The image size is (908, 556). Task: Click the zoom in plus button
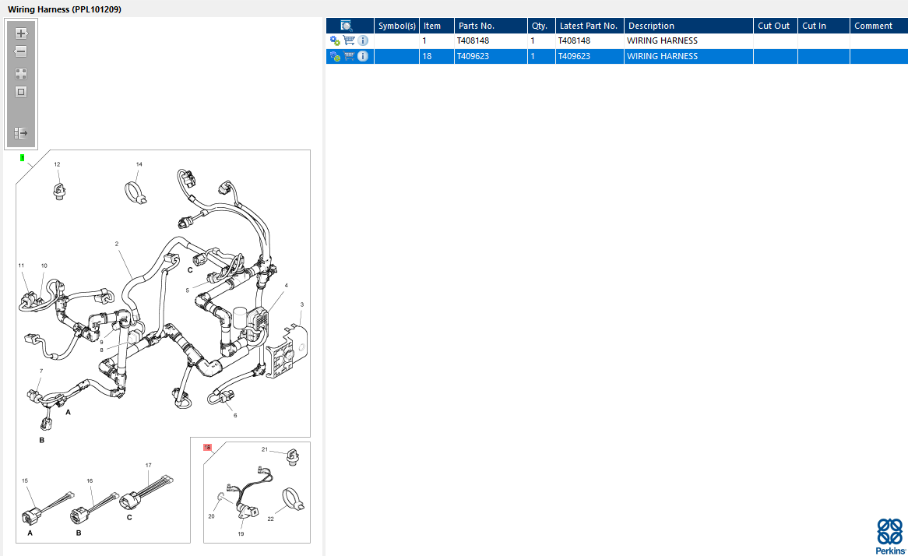21,33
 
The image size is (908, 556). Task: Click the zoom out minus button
21,51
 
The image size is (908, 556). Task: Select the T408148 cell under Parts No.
473,40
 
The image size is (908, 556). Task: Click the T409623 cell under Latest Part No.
574,56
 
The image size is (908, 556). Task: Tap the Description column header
652,26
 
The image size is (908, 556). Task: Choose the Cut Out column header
773,26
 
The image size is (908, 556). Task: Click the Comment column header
873,26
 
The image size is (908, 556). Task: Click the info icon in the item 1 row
363,40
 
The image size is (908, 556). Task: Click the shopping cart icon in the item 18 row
349,56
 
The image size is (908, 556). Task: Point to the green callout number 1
22,157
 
